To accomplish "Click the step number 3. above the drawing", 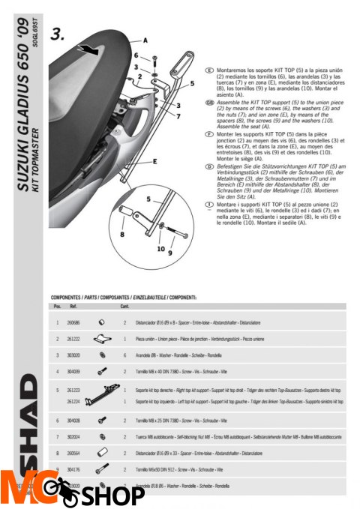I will tap(58, 34).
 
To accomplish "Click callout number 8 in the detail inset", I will tap(121, 235).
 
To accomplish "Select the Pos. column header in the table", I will tap(56, 306).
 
